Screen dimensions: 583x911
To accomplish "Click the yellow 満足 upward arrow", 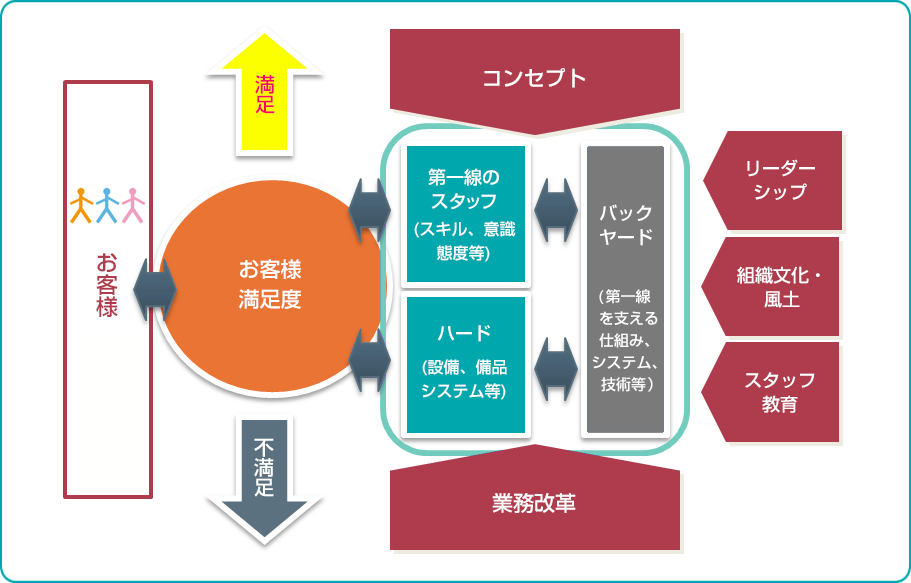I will coord(264,95).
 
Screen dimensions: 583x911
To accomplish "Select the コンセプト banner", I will coord(534,78).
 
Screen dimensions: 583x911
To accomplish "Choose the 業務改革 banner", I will coord(534,502).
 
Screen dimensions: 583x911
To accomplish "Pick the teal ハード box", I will coord(465,364).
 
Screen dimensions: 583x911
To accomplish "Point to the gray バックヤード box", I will coord(625,290).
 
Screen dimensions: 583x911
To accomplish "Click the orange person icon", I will coord(82,205).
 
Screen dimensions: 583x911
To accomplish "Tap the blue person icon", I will coord(107,205).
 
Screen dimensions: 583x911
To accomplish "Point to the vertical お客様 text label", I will coord(107,285).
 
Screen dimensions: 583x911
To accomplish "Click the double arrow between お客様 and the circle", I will coord(154,290).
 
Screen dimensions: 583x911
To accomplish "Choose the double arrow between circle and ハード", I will coord(370,362).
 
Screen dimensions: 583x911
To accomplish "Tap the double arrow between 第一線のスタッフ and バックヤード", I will coord(557,211).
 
